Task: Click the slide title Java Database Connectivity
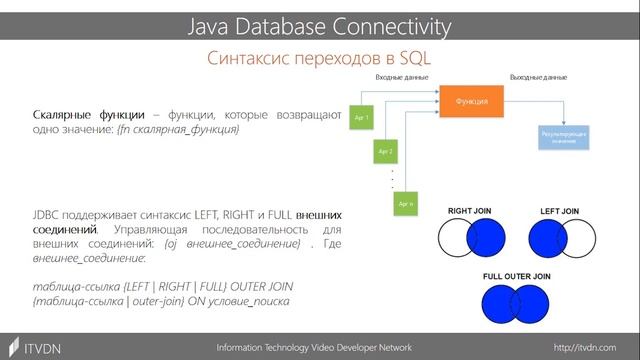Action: pyautogui.click(x=319, y=23)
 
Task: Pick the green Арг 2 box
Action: pyautogui.click(x=385, y=152)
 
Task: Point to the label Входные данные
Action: pyautogui.click(x=401, y=77)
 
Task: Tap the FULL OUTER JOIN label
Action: pyautogui.click(x=513, y=275)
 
